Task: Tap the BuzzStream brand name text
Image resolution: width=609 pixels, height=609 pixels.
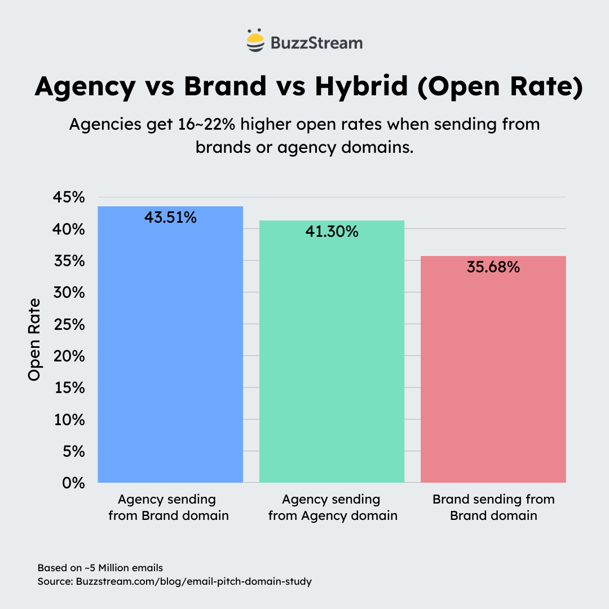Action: pos(316,43)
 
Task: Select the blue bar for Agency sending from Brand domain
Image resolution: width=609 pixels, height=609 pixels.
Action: pos(170,350)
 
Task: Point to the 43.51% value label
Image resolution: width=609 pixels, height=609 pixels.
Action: pos(170,218)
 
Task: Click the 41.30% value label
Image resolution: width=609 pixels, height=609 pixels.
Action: pos(332,231)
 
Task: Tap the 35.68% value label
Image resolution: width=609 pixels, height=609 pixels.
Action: pos(493,267)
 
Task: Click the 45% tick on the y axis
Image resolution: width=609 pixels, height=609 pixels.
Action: pos(69,198)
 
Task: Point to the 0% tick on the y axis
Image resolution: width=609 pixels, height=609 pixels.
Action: pos(73,483)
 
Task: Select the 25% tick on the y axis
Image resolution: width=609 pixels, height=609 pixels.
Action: pos(69,325)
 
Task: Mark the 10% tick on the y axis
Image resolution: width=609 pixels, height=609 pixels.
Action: pos(69,420)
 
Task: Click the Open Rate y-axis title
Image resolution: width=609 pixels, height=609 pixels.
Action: pos(35,339)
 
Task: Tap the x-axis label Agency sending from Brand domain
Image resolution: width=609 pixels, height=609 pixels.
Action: pos(169,507)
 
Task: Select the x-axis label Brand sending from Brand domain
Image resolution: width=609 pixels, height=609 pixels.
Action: pos(493,507)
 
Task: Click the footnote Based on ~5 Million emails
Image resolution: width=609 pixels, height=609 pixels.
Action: pos(100,567)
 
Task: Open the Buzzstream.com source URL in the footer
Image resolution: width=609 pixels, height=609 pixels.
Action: pos(193,581)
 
